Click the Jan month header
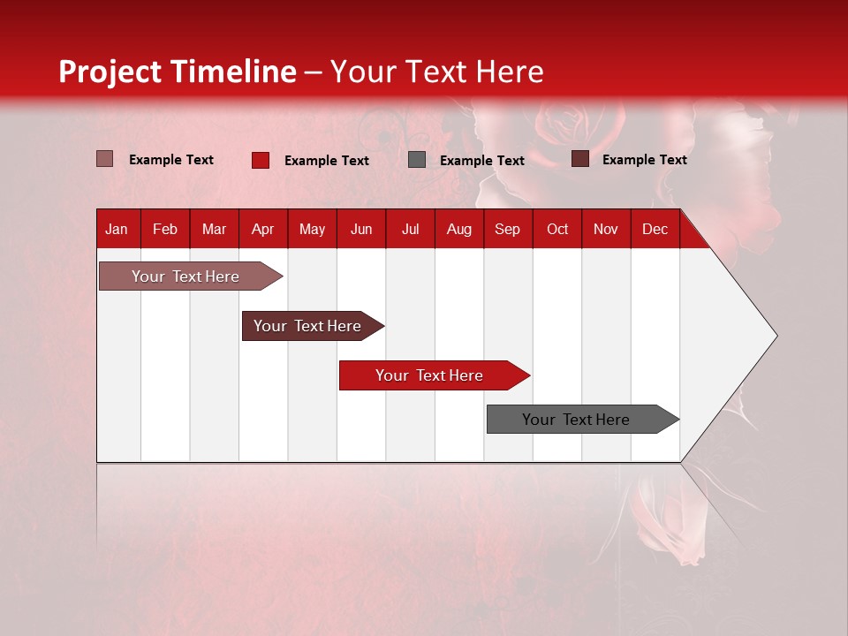117,230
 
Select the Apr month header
263,230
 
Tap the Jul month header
410,230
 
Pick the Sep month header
507,230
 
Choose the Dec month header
655,230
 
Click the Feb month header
165,230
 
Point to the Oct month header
557,230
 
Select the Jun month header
361,230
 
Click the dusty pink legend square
105,159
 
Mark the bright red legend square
261,160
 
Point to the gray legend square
417,160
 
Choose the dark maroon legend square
580,159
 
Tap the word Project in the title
110,72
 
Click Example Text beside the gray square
482,161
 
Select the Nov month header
606,230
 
